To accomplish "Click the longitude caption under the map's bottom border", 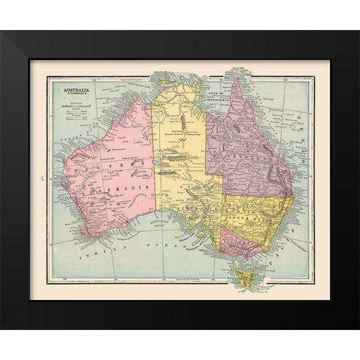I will click(x=180, y=279).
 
